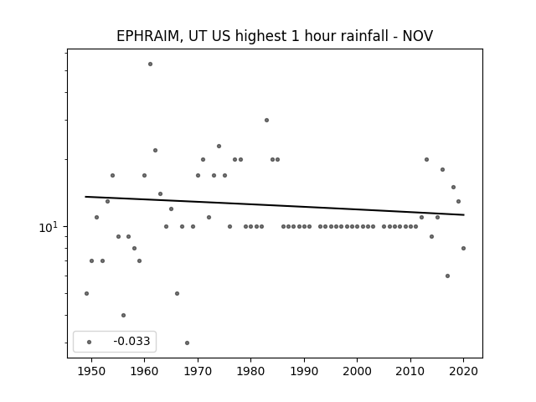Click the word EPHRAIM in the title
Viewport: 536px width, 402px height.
(x=147, y=36)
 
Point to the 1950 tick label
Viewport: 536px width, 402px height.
(x=91, y=371)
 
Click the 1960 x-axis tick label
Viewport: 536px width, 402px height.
(x=144, y=371)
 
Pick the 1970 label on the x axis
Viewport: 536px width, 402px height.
(x=198, y=371)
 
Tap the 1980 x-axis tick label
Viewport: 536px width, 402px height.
(x=250, y=371)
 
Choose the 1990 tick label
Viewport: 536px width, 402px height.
(x=304, y=371)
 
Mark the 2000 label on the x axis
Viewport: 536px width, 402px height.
(x=358, y=371)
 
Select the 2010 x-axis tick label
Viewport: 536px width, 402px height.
(x=410, y=371)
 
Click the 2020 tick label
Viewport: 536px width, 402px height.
(x=463, y=371)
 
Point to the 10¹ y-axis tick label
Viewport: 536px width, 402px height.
(x=49, y=227)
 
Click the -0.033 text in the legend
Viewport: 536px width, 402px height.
(x=131, y=341)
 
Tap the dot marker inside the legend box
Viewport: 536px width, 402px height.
(x=90, y=342)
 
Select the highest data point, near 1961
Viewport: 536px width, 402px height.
(x=150, y=64)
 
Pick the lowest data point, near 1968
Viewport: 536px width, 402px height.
(x=187, y=343)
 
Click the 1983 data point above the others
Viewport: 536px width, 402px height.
(x=266, y=120)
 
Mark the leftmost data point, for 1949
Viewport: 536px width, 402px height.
(x=86, y=293)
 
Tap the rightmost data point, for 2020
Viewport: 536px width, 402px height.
(x=463, y=248)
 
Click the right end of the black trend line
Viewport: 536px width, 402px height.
(x=464, y=214)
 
